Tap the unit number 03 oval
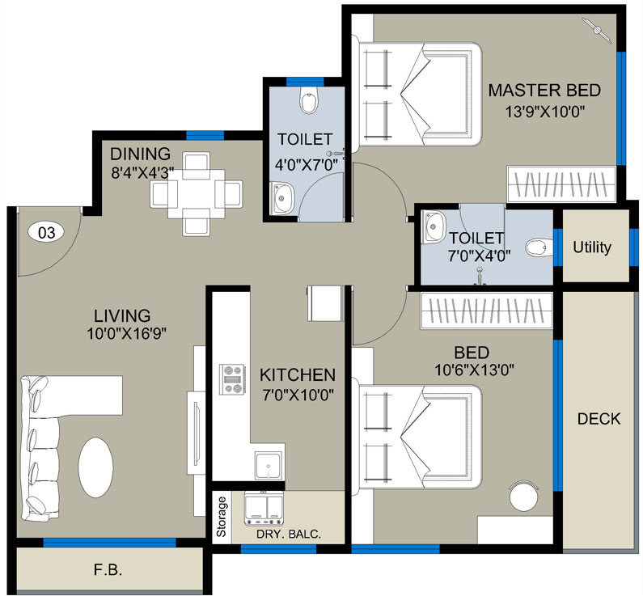point(47,233)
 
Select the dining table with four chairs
point(197,192)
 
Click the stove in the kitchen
point(233,378)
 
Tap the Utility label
point(592,247)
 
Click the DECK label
point(599,419)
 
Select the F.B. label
point(108,570)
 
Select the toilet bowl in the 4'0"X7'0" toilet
point(308,102)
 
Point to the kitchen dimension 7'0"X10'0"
point(297,395)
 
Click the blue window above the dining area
point(205,135)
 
